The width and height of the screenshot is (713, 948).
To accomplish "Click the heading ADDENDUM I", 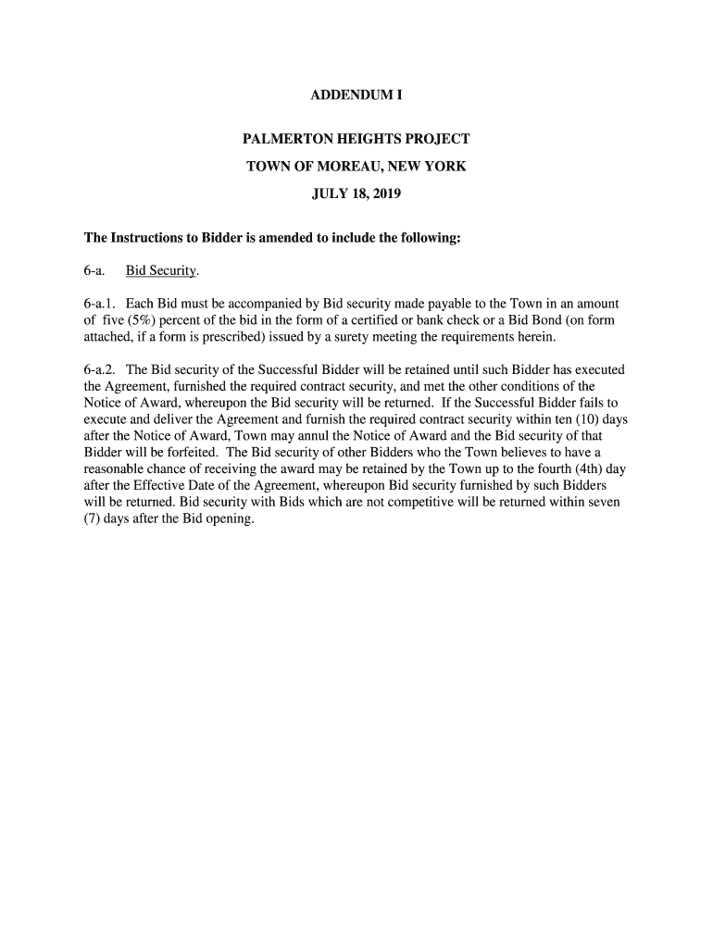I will [x=356, y=95].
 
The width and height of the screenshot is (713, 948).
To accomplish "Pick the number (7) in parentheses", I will [x=93, y=518].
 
